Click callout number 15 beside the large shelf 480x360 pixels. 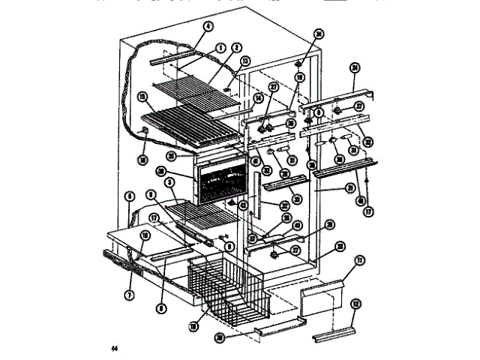pos(142,97)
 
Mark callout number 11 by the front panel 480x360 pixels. pos(358,259)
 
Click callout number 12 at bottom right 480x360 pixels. pos(355,304)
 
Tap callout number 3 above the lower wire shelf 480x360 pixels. pos(171,183)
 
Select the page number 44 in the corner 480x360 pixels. pos(115,347)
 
